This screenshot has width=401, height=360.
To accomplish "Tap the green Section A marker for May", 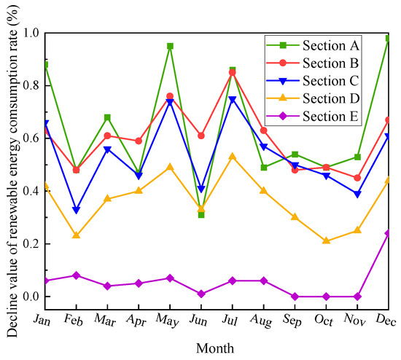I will (x=170, y=46).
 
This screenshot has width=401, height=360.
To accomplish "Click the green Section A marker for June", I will (x=201, y=215).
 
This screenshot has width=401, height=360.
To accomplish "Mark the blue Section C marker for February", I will (x=76, y=210).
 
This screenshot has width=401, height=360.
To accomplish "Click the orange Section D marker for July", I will (x=233, y=156).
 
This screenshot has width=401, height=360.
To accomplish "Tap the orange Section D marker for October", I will (x=327, y=241).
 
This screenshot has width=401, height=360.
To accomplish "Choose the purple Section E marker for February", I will (x=76, y=275).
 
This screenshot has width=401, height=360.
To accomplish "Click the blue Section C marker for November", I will (x=358, y=194).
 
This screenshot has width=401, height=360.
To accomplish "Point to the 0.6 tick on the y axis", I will (x=29, y=138).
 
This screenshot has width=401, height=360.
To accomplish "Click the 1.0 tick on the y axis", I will (x=29, y=33).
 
